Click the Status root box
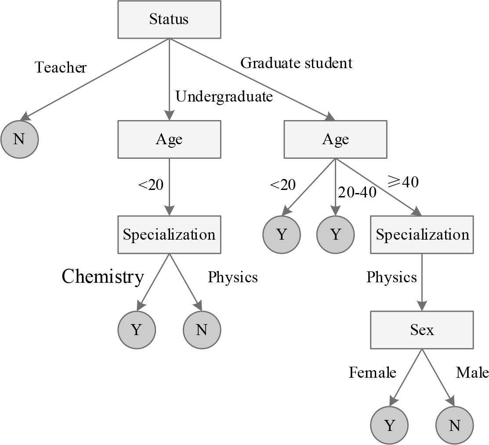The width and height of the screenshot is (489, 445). click(x=169, y=19)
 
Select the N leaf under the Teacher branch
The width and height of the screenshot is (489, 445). click(x=19, y=139)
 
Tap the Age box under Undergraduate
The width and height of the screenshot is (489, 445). click(x=169, y=139)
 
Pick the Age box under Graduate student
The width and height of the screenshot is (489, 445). click(x=335, y=139)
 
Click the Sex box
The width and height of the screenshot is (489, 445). click(x=422, y=330)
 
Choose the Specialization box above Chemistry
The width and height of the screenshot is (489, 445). click(x=169, y=234)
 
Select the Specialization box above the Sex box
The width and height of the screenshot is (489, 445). click(x=422, y=234)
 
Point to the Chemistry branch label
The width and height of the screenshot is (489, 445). click(x=103, y=277)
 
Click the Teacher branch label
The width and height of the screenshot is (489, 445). click(x=61, y=67)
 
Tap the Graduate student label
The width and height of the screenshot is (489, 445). click(x=297, y=63)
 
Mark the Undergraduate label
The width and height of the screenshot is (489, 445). click(x=224, y=96)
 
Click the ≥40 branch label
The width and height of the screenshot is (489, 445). click(x=402, y=181)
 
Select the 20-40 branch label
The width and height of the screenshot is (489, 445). click(x=356, y=192)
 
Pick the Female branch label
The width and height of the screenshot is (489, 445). click(x=373, y=373)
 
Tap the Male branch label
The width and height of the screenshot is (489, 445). click(x=472, y=373)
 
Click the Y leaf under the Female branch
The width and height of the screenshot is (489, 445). click(x=389, y=425)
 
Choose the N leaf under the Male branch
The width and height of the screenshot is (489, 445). click(x=454, y=425)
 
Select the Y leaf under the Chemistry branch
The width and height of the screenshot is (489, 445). click(x=136, y=330)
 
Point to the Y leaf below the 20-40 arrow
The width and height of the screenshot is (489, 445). click(x=335, y=234)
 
